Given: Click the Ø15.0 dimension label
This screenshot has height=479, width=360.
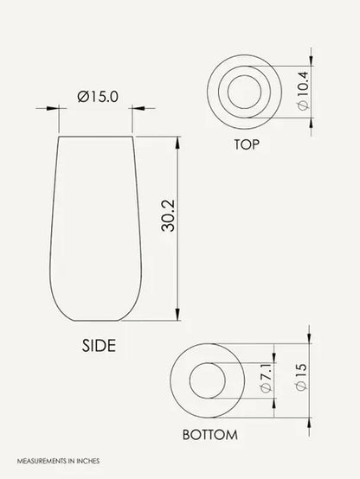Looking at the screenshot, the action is (x=98, y=97).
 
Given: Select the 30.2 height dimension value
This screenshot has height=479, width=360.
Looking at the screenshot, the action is (x=168, y=215).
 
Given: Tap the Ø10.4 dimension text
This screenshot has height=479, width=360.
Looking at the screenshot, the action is (x=304, y=91).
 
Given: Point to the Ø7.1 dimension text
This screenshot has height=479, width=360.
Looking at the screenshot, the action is (x=266, y=378).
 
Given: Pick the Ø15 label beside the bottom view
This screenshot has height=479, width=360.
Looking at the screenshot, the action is (x=301, y=377).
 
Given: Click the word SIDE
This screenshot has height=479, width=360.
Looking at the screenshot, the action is (x=99, y=346).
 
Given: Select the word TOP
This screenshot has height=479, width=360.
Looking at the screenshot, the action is (x=247, y=144).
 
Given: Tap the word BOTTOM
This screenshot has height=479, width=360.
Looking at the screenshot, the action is (x=209, y=435).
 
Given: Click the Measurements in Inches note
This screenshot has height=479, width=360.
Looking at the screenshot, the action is (x=58, y=461).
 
